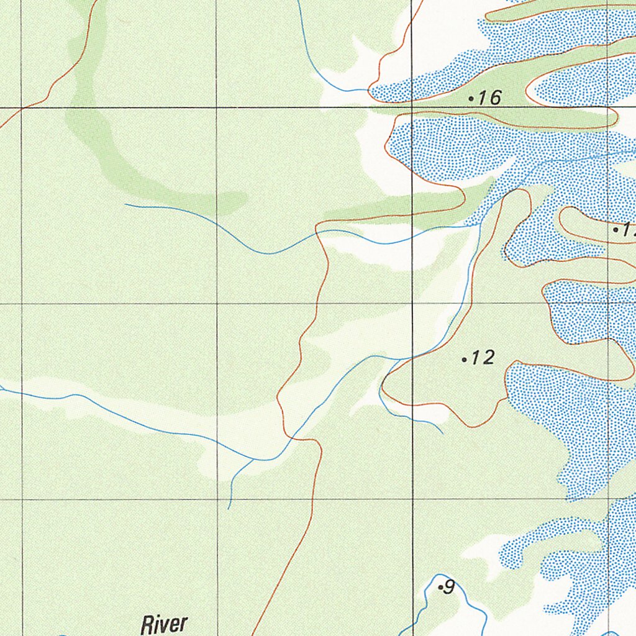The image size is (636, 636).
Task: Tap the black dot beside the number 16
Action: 471,98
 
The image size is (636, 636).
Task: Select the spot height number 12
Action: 483,358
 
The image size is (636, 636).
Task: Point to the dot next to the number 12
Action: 465,359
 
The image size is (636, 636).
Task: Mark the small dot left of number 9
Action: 440,587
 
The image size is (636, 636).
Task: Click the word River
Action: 164,624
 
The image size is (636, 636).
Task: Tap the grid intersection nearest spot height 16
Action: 413,108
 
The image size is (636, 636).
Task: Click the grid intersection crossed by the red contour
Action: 22,108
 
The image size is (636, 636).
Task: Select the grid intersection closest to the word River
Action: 217,499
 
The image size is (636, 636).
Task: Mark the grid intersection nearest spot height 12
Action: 413,304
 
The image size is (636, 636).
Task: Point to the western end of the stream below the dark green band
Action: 125,204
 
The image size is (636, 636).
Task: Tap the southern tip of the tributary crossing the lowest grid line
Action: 229,508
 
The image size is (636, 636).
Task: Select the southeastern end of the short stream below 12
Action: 443,433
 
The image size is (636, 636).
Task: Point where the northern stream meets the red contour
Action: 370,91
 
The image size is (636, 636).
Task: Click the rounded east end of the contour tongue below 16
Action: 615,117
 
